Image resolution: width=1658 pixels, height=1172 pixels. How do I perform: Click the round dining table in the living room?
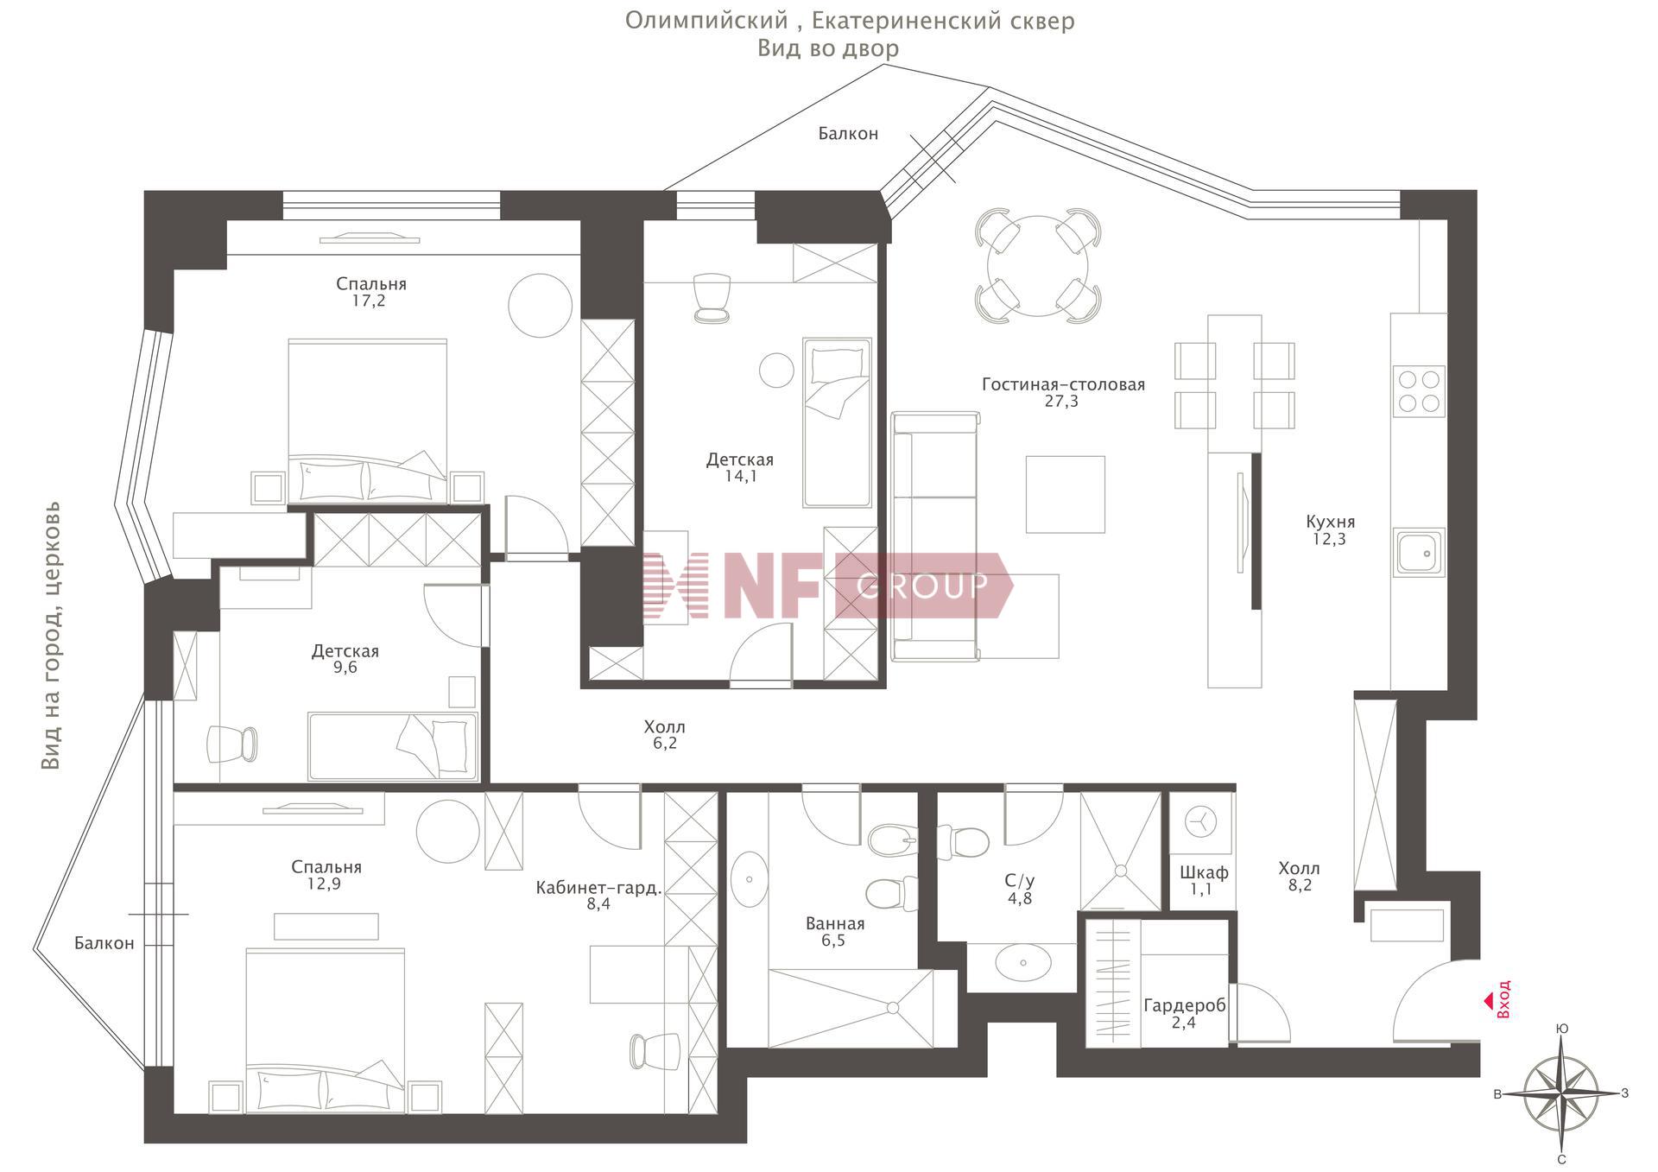point(1038,265)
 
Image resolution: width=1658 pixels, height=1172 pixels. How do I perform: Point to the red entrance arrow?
point(1488,1001)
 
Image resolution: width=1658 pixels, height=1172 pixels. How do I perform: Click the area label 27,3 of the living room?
point(1061,402)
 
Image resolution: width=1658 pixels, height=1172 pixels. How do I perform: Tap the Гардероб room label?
point(1184,1005)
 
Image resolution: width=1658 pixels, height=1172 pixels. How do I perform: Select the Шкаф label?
point(1204,872)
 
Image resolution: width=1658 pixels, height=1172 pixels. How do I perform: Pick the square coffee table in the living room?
point(1066,494)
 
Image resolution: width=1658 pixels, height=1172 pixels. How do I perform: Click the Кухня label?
point(1330,522)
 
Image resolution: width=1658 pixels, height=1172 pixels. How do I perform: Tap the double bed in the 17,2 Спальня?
point(368,421)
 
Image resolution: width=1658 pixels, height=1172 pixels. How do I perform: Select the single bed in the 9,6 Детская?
point(393,746)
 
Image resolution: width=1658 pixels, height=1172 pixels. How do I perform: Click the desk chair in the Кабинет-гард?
point(655,1050)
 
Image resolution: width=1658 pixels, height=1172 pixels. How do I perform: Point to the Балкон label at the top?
point(848,134)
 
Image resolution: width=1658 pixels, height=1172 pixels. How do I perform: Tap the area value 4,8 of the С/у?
point(1020,898)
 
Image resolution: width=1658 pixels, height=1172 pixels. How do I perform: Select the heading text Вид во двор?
point(828,48)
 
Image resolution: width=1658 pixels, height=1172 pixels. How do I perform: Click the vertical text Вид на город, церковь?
point(52,635)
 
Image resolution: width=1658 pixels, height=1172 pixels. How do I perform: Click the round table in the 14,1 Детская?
point(776,371)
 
